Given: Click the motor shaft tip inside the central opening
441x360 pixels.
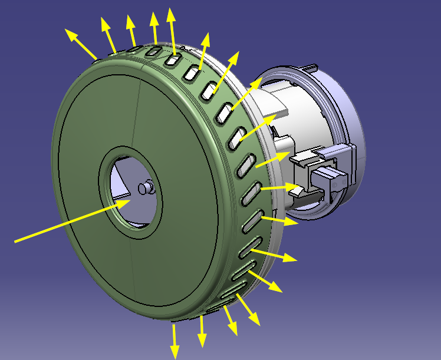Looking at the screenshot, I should [143, 187].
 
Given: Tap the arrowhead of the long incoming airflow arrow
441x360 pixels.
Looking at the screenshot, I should [125, 202].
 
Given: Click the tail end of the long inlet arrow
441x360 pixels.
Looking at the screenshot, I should [17, 241].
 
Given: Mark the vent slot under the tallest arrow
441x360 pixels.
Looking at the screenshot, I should [173, 60].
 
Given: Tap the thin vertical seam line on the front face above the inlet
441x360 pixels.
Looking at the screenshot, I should [137, 112].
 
